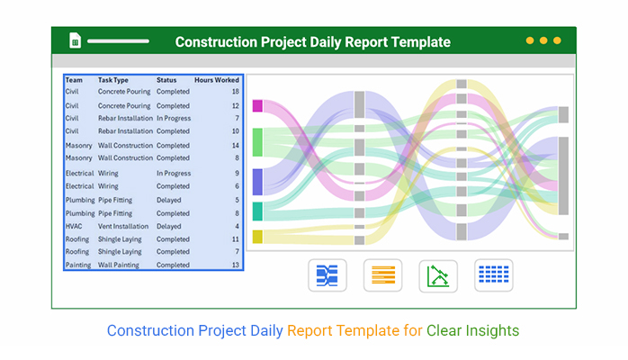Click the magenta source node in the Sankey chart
pos(257,106)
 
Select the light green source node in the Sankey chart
pos(257,142)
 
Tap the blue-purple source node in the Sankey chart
pos(257,182)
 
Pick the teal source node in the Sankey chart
pos(257,211)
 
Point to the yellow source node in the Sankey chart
pos(257,237)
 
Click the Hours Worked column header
pos(217,80)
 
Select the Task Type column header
pos(113,80)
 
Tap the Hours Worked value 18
pos(236,91)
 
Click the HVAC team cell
pos(74,226)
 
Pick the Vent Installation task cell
pos(123,226)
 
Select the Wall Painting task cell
pos(119,265)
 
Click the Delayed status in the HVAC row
pos(168,226)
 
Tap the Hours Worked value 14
pos(236,146)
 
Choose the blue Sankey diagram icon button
pos(327,275)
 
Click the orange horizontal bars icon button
pos(383,275)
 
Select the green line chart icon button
pos(438,276)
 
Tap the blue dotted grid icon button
pos(494,275)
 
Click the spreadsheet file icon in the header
pos(75,40)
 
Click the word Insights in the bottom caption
pos(492,331)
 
